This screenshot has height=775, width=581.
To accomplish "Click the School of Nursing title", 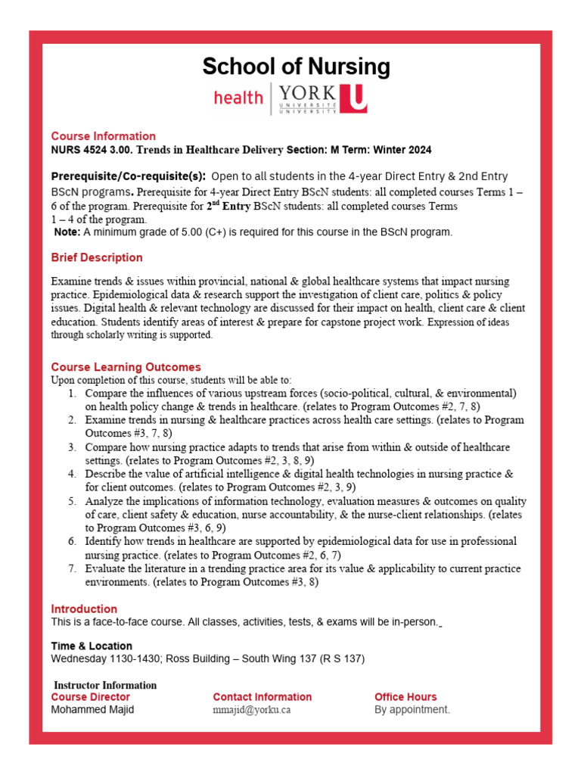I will [296, 67].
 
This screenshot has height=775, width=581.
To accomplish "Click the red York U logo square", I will [353, 99].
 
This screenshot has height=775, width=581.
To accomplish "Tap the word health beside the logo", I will [238, 98].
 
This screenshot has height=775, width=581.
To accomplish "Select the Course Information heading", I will [104, 136].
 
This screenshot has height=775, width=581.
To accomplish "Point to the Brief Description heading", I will [97, 257].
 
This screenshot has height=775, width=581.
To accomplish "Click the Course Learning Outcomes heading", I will [126, 367].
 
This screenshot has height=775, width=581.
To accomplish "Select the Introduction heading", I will [84, 608].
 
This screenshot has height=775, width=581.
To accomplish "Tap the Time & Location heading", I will [92, 646].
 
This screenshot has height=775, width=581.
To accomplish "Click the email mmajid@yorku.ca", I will [252, 710].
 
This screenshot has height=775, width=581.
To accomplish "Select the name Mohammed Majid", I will [92, 710].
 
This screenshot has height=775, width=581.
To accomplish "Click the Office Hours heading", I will [405, 697].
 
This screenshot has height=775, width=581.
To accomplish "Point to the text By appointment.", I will [412, 710].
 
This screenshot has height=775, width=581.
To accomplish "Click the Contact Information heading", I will [263, 697].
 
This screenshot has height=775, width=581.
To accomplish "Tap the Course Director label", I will [90, 697].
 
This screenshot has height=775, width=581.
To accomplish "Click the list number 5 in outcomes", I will [72, 501].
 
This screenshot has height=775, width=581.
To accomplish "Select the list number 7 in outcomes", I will [72, 568].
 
